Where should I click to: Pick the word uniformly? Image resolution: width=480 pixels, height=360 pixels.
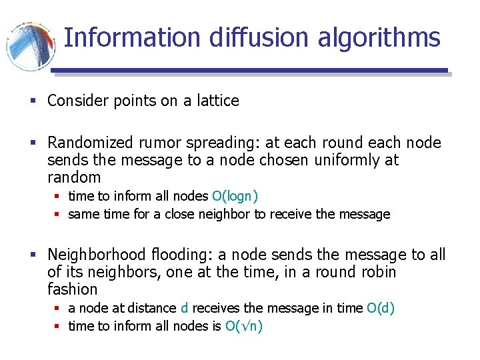pyautogui.click(x=318, y=160)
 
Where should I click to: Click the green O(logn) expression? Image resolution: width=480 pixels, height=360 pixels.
pyautogui.click(x=235, y=196)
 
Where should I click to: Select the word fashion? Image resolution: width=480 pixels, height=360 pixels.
pyautogui.click(x=73, y=289)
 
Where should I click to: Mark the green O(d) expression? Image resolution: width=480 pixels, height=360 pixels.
pyautogui.click(x=381, y=308)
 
